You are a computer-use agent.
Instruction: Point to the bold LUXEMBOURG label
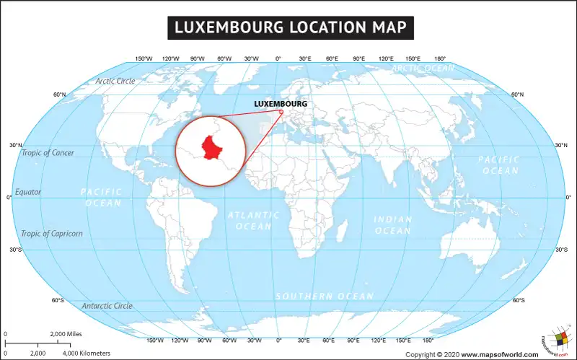281,104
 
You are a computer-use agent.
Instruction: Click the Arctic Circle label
115,81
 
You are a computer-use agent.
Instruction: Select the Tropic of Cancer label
48,153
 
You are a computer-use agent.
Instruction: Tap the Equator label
28,192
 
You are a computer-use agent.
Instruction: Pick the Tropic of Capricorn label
52,233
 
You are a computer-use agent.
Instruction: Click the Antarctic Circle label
107,306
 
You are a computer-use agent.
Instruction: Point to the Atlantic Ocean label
254,221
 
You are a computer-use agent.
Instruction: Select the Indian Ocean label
393,224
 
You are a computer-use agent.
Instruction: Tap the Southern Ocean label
325,296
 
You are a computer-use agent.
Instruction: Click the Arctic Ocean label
423,68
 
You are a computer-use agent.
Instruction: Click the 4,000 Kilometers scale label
86,353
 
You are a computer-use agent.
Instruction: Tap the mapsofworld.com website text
500,354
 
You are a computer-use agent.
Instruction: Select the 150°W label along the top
144,58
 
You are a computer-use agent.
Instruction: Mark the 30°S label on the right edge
561,250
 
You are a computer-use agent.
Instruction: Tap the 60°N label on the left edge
59,95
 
